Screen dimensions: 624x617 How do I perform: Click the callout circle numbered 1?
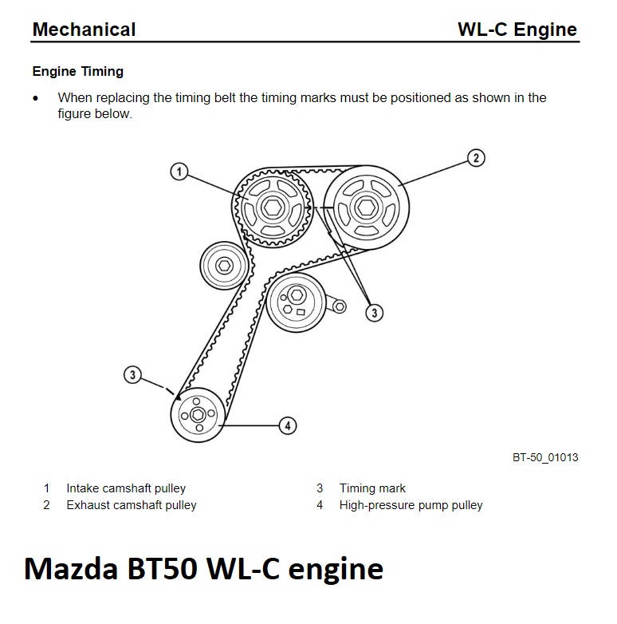click(180, 172)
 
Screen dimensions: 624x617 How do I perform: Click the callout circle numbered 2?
click(475, 157)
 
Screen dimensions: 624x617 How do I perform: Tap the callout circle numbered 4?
click(288, 425)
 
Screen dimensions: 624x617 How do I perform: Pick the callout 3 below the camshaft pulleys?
click(375, 313)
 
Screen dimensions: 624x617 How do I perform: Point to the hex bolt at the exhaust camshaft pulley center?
click(367, 208)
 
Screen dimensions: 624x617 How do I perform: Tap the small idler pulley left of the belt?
click(223, 266)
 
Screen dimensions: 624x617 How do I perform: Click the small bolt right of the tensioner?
click(340, 306)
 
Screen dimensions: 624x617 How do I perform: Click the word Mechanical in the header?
click(84, 30)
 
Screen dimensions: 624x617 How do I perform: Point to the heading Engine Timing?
click(77, 72)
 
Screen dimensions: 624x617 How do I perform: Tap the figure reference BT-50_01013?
click(545, 457)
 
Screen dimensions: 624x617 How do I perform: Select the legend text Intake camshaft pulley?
click(126, 488)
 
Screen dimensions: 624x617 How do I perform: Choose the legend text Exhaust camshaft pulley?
click(132, 505)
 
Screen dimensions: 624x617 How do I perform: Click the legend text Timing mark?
click(372, 488)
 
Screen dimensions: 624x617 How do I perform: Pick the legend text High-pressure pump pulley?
click(411, 505)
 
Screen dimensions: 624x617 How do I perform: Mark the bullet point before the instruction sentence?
click(35, 99)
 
